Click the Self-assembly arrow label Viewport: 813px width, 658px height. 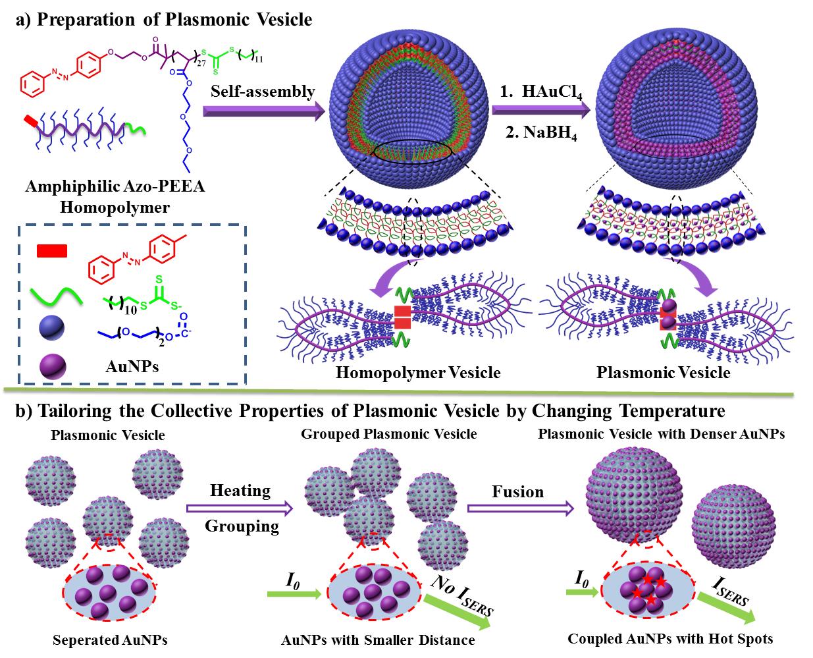pos(263,92)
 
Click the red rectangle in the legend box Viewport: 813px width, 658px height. pos(51,251)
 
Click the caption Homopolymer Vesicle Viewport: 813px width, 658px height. pos(418,373)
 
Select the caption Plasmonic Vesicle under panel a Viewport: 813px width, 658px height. pos(664,373)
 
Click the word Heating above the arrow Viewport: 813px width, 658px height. pos(240,491)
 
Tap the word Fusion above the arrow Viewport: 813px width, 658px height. pos(518,492)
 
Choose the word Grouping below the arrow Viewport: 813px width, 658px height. pos(242,526)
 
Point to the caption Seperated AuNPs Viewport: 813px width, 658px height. pos(105,639)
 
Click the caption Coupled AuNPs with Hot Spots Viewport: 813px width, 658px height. pos(670,638)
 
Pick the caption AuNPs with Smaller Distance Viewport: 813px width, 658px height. pos(377,639)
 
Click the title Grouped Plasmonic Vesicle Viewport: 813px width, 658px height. pos(388,434)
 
